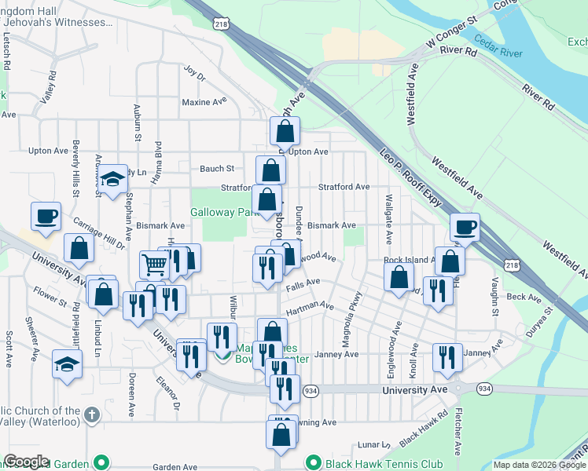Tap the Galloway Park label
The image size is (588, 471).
click(x=225, y=212)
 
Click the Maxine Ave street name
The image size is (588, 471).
click(x=204, y=102)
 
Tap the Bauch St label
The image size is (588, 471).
click(x=217, y=168)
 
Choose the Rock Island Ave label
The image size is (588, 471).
click(x=410, y=260)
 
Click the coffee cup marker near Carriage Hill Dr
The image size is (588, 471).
click(x=46, y=215)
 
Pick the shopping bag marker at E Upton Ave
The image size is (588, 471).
click(x=285, y=130)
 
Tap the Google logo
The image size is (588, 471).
click(x=26, y=462)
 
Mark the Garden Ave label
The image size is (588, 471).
click(x=175, y=466)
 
